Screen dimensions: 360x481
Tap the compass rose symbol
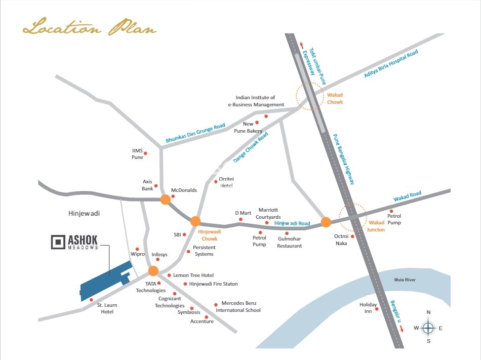[428, 328]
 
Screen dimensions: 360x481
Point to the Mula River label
[405, 279]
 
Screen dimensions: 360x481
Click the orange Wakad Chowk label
[335, 98]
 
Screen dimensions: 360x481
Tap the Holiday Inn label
[368, 308]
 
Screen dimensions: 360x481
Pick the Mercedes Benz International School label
[240, 306]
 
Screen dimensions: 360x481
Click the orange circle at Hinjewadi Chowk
[195, 221]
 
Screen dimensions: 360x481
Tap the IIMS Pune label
[138, 154]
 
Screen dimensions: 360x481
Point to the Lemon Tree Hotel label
[193, 275]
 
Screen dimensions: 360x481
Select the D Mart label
[243, 213]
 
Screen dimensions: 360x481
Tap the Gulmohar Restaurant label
[289, 242]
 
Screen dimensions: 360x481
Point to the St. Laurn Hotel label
[107, 308]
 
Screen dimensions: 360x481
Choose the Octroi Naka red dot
[352, 236]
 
